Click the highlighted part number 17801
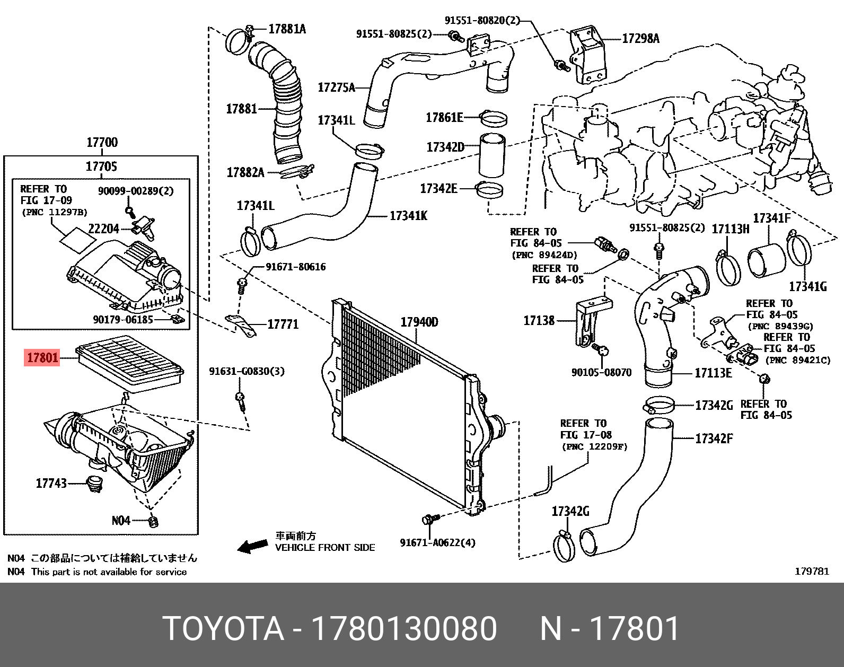point(42,358)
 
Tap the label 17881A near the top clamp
point(287,29)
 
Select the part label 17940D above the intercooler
point(419,322)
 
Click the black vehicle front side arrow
point(252,546)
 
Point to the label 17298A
point(640,38)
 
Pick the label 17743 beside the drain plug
point(51,483)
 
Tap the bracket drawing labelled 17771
point(241,325)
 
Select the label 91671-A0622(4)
point(437,542)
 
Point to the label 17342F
point(714,438)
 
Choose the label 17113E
point(713,373)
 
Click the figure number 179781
point(811,571)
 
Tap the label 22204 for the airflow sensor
point(103,229)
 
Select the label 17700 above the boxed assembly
point(102,142)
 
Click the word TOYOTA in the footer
point(223,629)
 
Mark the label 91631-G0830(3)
point(247,371)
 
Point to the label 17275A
point(336,87)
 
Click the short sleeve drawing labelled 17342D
point(492,155)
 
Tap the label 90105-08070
point(601,372)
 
